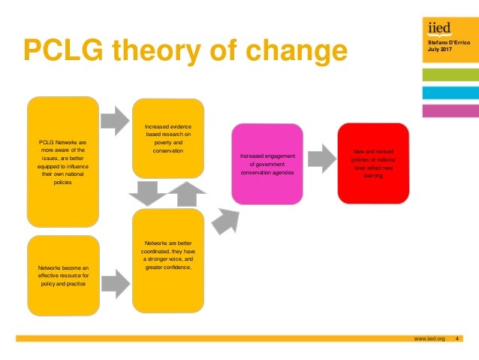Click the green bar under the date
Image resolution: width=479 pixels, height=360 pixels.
(x=450, y=74)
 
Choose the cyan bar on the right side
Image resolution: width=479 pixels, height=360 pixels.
(x=450, y=92)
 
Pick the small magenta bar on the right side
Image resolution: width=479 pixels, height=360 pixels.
(x=450, y=110)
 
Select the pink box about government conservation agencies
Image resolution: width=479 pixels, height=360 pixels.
(x=267, y=165)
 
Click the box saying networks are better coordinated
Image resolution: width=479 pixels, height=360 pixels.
(x=168, y=260)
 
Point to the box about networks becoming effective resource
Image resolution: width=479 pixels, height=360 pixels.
(x=63, y=275)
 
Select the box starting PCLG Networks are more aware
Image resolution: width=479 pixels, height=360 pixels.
(x=63, y=162)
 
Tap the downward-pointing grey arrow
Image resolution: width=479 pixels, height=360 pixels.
(x=145, y=194)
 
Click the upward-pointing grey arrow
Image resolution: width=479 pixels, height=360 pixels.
(x=181, y=193)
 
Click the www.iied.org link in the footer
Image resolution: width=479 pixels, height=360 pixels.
(x=429, y=339)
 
